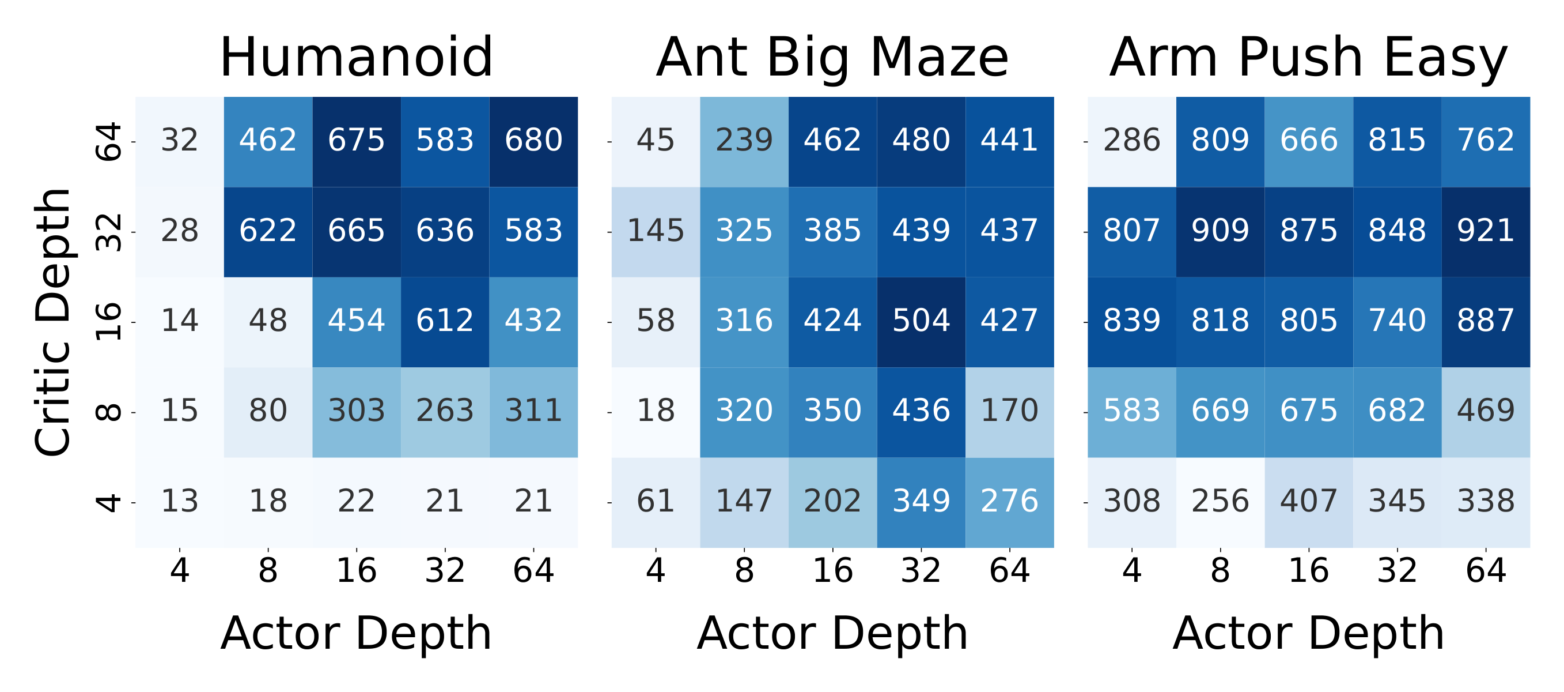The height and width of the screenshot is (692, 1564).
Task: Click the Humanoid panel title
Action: pos(356,58)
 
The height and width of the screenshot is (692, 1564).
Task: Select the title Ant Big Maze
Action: pos(832,58)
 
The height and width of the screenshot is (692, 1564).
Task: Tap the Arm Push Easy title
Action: pos(1308,58)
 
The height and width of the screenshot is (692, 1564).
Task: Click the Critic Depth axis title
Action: pos(53,322)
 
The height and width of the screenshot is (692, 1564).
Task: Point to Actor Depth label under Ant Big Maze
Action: pos(832,634)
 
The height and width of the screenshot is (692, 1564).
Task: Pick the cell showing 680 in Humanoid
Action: pos(533,141)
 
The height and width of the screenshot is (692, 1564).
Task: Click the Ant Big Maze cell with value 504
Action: pos(921,321)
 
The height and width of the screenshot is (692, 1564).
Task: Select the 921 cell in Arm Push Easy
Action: pos(1485,231)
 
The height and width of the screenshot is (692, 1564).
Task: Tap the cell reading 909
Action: pos(1220,231)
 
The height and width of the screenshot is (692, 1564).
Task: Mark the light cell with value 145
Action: pos(655,231)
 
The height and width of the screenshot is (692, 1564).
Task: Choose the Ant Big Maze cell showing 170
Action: pos(1009,411)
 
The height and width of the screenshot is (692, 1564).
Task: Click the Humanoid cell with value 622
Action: pos(268,231)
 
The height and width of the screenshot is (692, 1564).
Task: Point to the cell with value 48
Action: pos(268,321)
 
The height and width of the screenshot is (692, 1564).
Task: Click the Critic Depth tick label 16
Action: pos(110,321)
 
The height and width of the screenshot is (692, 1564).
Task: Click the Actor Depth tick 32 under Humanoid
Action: pos(445,570)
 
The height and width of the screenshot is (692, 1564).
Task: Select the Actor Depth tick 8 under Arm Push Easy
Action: pos(1220,570)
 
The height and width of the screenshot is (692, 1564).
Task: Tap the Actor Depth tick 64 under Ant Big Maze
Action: pos(1009,570)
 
